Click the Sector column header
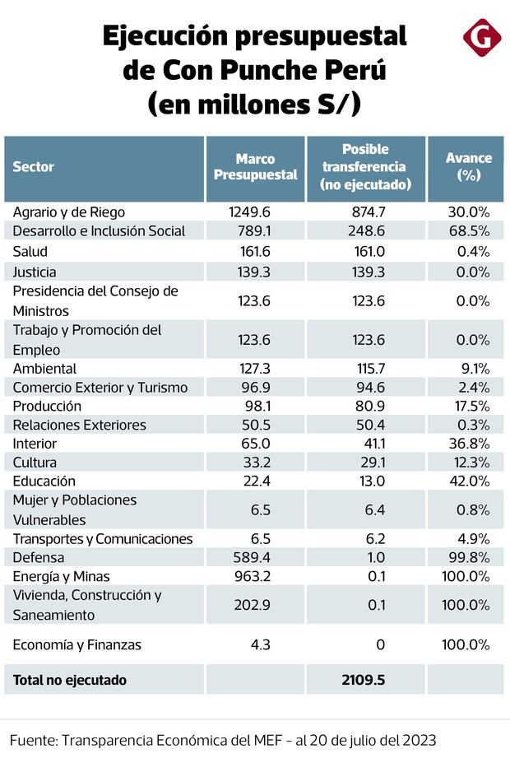34,167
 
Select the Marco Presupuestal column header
255,167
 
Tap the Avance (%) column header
468,167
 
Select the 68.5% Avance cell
470,231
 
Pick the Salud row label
30,251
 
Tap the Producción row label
47,406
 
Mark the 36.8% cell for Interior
470,444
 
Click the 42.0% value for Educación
470,481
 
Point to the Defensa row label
38,558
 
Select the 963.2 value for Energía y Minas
251,577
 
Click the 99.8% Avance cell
470,558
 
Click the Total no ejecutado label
70,681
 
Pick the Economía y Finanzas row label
77,645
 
